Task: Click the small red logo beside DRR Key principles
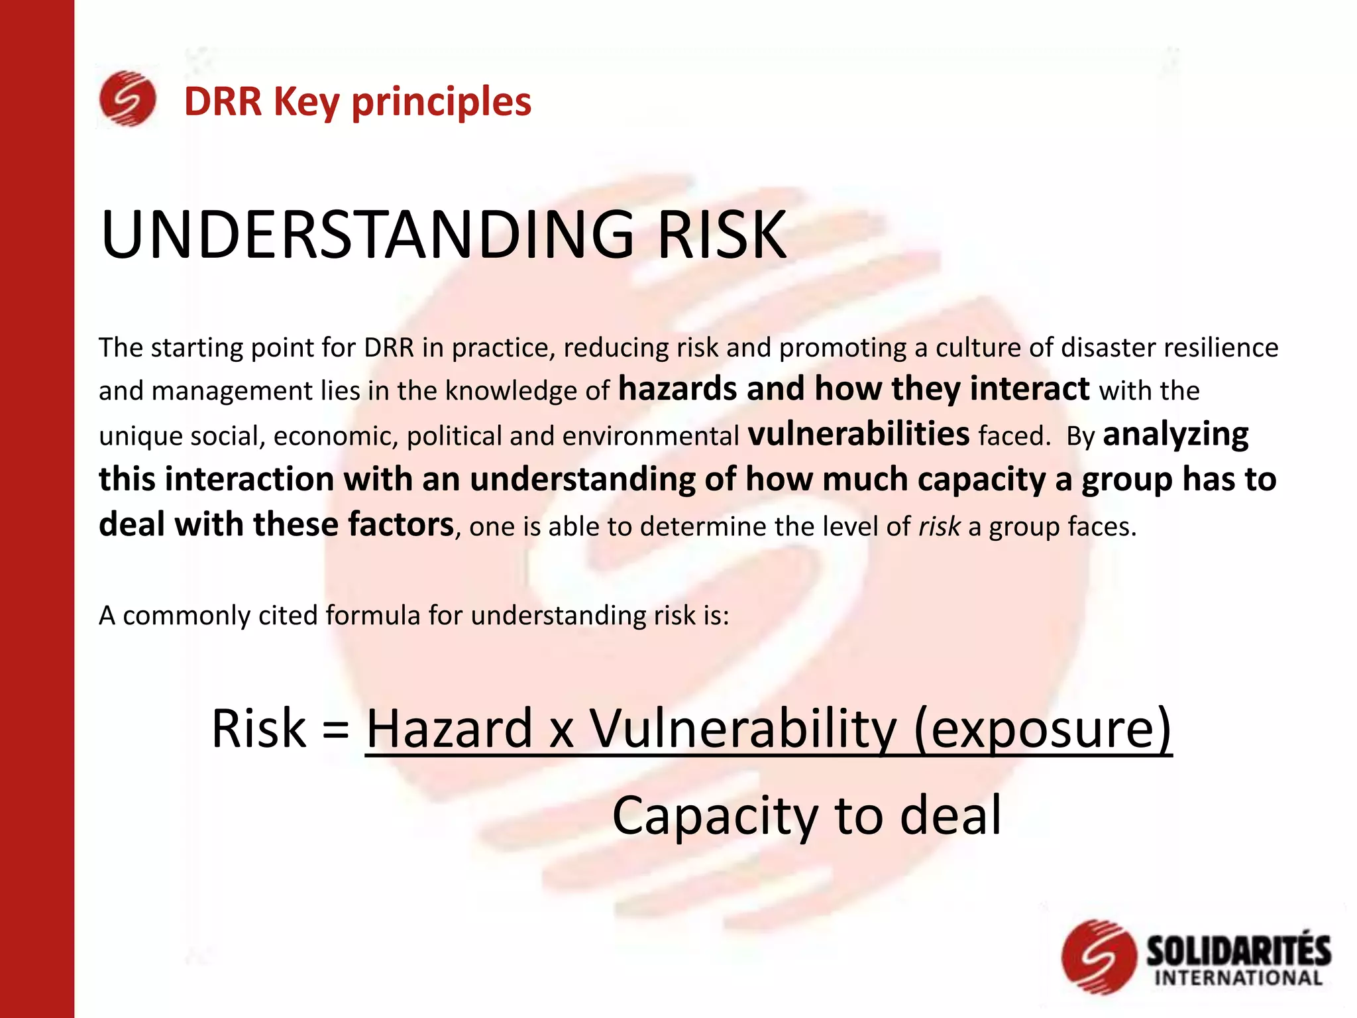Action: [127, 99]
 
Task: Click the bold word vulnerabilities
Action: [858, 434]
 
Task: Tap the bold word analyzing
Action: [1175, 435]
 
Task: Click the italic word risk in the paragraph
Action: [939, 526]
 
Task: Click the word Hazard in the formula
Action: [450, 729]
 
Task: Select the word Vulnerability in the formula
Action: [743, 729]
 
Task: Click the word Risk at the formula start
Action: [258, 729]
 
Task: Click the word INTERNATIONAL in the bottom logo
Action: [1238, 978]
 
